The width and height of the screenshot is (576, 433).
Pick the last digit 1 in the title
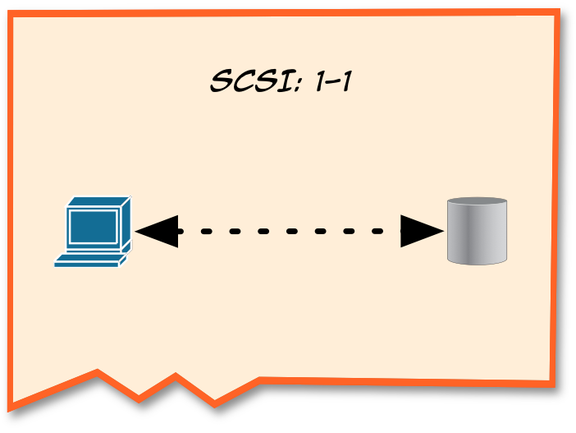tap(345, 82)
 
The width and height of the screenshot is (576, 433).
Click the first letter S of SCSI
tap(221, 82)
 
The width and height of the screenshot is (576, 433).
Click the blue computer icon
tap(92, 232)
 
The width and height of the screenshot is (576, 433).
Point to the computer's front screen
tap(93, 225)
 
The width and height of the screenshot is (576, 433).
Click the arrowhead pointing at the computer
tap(156, 232)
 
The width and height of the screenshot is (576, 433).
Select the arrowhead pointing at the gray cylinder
tap(422, 232)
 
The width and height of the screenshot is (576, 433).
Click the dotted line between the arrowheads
tap(289, 232)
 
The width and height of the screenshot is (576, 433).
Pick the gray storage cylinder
tap(477, 231)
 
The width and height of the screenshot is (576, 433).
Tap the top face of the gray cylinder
tap(477, 203)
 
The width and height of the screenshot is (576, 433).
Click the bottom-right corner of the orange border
tap(549, 380)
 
